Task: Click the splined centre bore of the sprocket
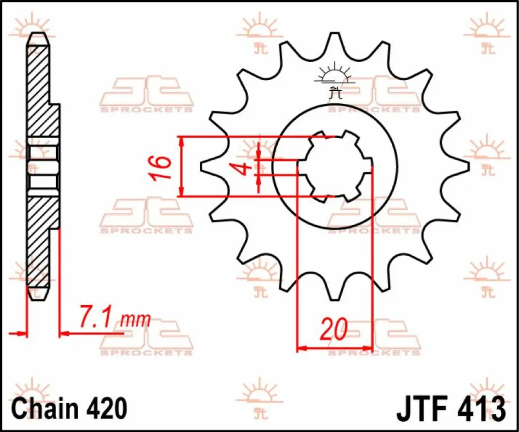334,166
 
